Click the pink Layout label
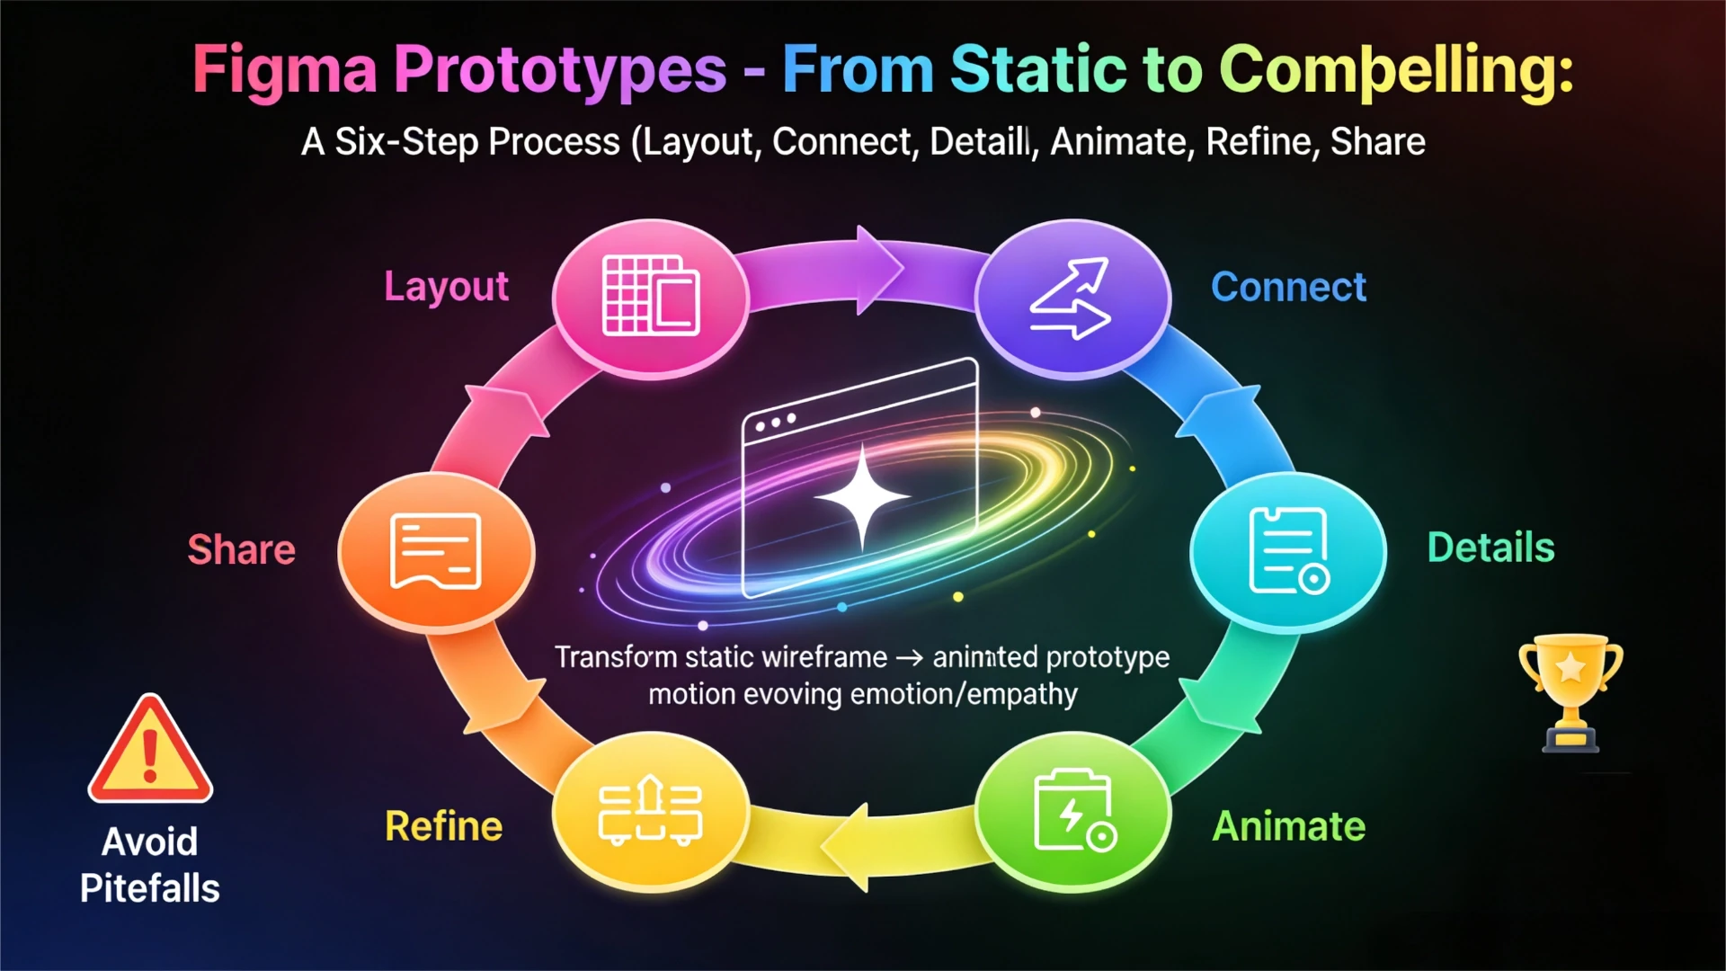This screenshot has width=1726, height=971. pos(446,287)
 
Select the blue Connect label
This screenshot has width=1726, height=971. pos(1288,287)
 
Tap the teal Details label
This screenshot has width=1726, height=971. pos(1491,548)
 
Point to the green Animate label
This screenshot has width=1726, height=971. pos(1289,826)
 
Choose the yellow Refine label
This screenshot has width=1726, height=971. pos(444,826)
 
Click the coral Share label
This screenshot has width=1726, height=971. pos(241,549)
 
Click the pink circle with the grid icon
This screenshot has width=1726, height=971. pos(651,298)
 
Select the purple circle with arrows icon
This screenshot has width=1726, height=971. pos(1072,298)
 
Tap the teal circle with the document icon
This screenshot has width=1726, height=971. pos(1287,551)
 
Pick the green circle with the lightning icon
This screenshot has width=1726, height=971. pos(1072,811)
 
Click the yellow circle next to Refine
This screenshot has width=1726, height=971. pos(651,811)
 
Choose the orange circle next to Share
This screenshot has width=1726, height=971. pos(436,551)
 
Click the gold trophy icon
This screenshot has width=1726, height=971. pos(1570,692)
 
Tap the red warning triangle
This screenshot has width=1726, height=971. pos(150,748)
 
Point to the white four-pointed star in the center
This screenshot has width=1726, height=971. pos(862,496)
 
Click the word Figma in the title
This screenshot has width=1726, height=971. pos(285,70)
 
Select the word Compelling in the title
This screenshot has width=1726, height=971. pos(1397,70)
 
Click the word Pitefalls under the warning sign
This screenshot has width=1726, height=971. pos(150,888)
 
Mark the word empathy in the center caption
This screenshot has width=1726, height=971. pos(1022,695)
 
